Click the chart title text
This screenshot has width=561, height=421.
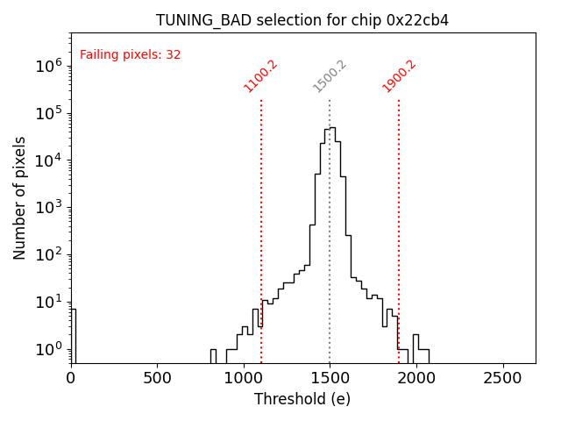point(302,20)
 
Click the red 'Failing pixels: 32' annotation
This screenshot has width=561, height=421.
point(130,54)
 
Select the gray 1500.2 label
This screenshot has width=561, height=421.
point(330,76)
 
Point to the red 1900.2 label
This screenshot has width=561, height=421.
point(399,76)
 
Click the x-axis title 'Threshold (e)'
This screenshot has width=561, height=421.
point(302,399)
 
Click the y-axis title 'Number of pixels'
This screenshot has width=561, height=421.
point(20,197)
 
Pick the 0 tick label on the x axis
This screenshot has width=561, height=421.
point(71,378)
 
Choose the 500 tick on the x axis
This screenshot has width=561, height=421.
point(157,378)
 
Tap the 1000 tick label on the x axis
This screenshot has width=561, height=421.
point(243,378)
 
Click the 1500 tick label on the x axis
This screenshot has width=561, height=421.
point(330,378)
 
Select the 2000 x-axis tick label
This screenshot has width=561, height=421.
point(415,378)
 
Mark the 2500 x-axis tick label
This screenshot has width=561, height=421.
point(501,378)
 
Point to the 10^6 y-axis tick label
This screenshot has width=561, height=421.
point(49,66)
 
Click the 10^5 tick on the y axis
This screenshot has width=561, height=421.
point(49,113)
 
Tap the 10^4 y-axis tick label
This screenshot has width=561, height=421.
point(49,161)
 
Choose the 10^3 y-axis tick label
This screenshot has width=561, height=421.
point(49,208)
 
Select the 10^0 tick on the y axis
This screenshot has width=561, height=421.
point(49,349)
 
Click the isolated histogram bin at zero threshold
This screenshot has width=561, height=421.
point(74,333)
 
